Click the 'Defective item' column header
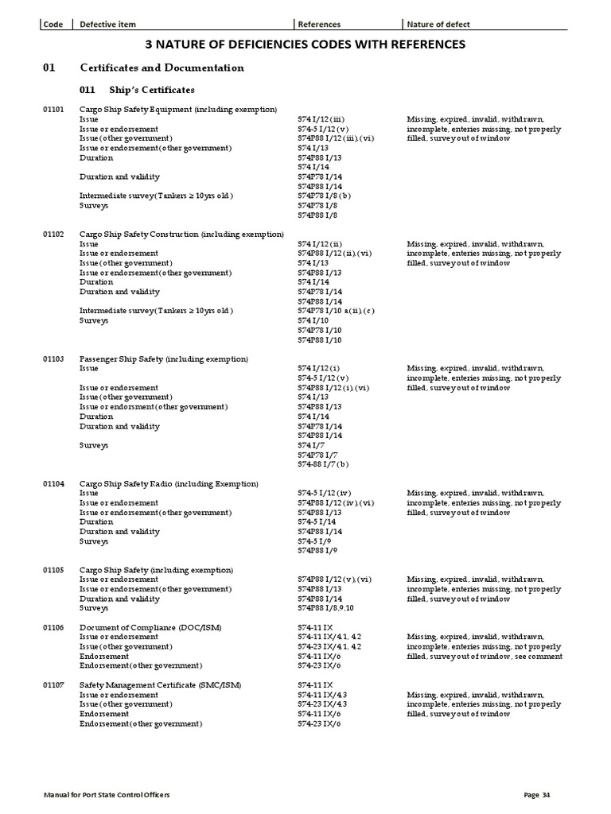107,24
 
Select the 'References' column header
319,24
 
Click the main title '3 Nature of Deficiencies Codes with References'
305,45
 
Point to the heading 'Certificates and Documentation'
162,68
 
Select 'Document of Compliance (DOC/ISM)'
150,628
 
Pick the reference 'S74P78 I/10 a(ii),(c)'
336,311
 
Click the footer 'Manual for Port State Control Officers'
107,795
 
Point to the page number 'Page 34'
537,795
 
